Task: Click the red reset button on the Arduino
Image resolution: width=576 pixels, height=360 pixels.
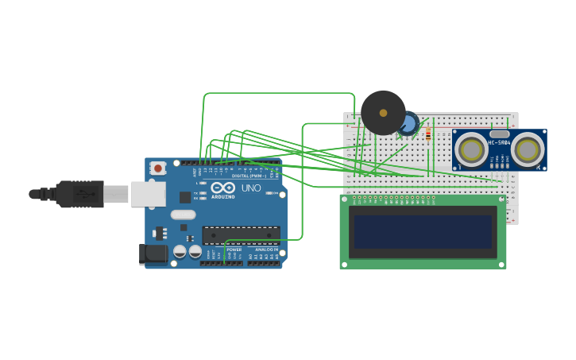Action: point(158,168)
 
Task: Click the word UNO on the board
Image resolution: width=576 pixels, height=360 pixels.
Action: point(251,188)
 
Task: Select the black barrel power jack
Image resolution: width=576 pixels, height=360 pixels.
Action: point(153,254)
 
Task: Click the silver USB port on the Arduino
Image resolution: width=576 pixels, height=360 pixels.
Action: point(148,194)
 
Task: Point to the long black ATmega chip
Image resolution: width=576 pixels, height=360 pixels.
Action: point(241,234)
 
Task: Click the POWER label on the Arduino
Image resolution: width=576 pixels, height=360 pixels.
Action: point(234,250)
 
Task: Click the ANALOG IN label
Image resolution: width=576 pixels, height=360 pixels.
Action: point(266,250)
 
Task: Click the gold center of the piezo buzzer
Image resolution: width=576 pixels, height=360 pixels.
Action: point(383,113)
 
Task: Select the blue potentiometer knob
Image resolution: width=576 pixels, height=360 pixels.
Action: point(408,124)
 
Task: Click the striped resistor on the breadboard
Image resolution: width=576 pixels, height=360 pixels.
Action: point(428,134)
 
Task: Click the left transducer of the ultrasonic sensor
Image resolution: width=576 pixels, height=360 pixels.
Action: point(472,149)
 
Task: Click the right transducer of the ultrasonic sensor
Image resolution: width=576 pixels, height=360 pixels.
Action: point(528,149)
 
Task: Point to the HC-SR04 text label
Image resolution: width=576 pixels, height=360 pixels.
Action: point(499,143)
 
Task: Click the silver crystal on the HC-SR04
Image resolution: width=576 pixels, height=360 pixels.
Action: point(499,134)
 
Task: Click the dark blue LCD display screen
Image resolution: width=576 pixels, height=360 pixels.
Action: point(423,232)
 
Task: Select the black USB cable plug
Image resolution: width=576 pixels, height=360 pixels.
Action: point(79,193)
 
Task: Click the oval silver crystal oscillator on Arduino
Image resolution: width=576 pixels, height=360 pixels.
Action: point(183,214)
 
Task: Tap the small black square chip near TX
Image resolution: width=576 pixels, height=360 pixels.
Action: point(185,197)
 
